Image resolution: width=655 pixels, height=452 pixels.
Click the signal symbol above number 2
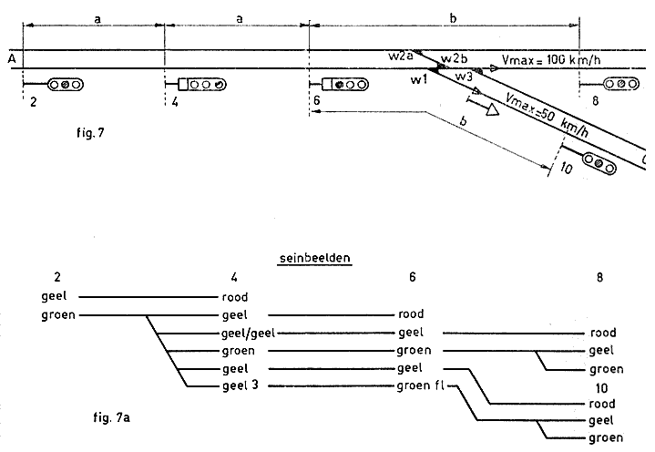click(x=65, y=85)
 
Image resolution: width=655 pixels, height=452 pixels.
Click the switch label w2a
click(x=399, y=56)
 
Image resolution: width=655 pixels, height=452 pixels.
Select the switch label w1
click(x=417, y=83)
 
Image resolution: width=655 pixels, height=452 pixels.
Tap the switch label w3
click(x=464, y=76)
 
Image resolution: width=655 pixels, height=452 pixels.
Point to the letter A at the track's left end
click(x=11, y=59)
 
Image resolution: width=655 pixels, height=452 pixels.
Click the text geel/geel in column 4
click(x=248, y=334)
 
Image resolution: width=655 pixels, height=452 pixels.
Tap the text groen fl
click(x=421, y=386)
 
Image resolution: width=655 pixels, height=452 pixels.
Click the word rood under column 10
click(x=603, y=404)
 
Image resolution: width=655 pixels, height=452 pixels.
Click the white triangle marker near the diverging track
click(x=492, y=111)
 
